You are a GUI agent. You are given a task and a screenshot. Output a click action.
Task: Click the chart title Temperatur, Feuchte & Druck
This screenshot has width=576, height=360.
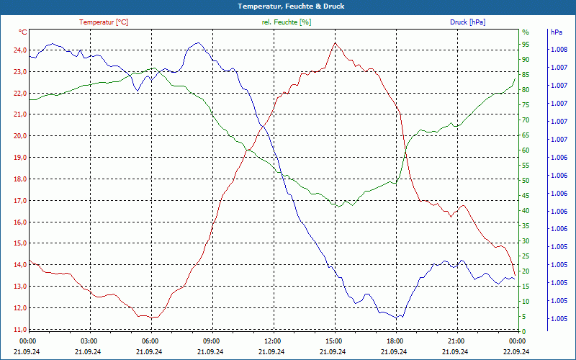[x=291, y=6]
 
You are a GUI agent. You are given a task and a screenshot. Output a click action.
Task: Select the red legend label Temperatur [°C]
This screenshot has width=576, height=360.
[x=104, y=22]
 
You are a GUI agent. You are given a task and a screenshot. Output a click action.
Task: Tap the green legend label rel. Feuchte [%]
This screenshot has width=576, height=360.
[x=286, y=22]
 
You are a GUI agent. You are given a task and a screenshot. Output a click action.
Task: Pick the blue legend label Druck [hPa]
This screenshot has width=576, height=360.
[x=467, y=22]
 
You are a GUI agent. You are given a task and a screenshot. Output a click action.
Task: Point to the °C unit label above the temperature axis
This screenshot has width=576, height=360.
[x=23, y=32]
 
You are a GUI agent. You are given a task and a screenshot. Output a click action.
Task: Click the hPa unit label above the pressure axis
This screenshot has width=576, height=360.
[x=556, y=32]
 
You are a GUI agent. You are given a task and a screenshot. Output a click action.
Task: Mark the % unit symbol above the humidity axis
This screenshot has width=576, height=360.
[x=526, y=32]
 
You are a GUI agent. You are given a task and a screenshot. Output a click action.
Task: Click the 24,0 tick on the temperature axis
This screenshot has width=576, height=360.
[x=20, y=50]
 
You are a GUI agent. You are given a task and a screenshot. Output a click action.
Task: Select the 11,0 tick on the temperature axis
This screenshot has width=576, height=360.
[x=20, y=329]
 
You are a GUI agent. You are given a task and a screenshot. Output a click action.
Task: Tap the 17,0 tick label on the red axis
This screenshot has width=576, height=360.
[x=20, y=201]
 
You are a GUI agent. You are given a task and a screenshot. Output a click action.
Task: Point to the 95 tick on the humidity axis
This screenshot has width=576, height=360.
[x=526, y=45]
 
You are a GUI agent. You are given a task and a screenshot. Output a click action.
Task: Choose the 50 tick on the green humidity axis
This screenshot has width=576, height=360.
[x=526, y=181]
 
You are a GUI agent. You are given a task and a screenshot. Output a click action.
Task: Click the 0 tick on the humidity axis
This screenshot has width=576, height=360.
[x=524, y=331]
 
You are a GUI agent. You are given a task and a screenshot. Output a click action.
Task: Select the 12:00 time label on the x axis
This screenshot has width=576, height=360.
[x=273, y=341]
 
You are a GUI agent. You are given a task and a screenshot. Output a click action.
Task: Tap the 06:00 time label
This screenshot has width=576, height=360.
[x=150, y=341]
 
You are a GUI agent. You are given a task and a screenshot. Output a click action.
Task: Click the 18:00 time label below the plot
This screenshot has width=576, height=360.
[x=395, y=341]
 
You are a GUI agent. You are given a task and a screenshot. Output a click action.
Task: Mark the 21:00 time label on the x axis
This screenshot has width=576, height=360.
[x=456, y=341]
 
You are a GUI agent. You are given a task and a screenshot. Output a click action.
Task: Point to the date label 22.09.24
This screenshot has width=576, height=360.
[x=516, y=351]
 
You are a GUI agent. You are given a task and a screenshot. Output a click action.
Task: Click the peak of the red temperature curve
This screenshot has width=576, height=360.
[x=335, y=42]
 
